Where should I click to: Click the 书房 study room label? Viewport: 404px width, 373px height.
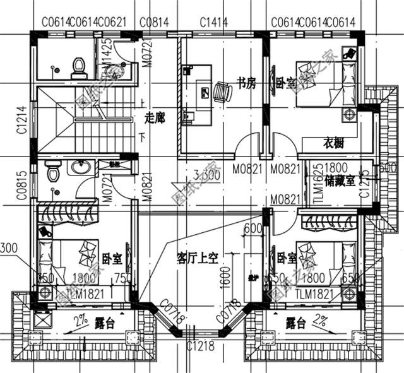[246, 83]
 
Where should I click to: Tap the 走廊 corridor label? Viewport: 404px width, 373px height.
[154, 117]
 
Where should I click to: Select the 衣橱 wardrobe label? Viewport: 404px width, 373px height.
[334, 143]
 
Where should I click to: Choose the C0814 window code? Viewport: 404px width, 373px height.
[154, 23]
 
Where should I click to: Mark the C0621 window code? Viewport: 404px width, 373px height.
[113, 23]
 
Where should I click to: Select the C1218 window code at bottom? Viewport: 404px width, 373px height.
[201, 345]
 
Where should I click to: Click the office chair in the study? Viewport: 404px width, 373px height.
[221, 92]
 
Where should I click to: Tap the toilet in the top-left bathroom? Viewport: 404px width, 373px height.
[78, 67]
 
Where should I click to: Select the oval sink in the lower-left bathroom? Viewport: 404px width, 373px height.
[80, 167]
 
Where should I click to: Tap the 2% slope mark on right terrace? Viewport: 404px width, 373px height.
[320, 316]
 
